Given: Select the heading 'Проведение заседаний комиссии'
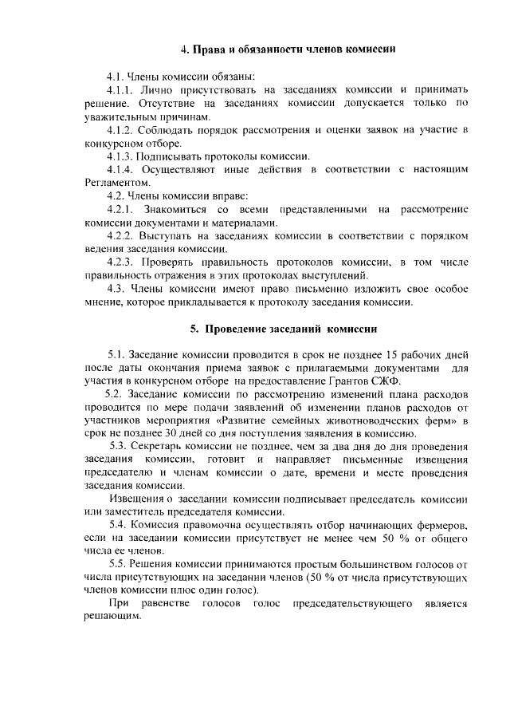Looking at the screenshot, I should [x=283, y=329].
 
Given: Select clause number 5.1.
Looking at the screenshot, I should [x=117, y=353].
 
